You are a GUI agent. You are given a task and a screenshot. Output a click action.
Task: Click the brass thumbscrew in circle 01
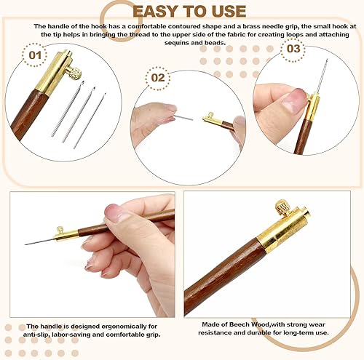coord(73,73)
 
